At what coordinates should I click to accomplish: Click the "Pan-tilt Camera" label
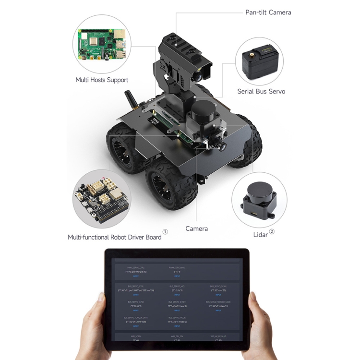click(268, 12)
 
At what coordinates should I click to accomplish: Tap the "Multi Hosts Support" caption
click(102, 80)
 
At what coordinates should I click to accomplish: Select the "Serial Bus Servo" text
click(261, 91)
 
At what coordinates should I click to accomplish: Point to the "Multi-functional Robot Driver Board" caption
click(115, 237)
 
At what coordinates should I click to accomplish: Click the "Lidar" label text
click(260, 235)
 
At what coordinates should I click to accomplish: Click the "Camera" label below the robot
click(197, 228)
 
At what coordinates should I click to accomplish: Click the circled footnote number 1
click(165, 232)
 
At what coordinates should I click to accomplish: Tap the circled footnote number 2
click(272, 232)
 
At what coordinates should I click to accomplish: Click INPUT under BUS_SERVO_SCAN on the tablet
click(218, 294)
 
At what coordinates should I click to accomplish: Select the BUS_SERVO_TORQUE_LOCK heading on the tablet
click(218, 302)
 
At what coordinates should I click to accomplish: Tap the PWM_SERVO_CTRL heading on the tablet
click(136, 267)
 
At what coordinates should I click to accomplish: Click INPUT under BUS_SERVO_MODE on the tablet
click(177, 326)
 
